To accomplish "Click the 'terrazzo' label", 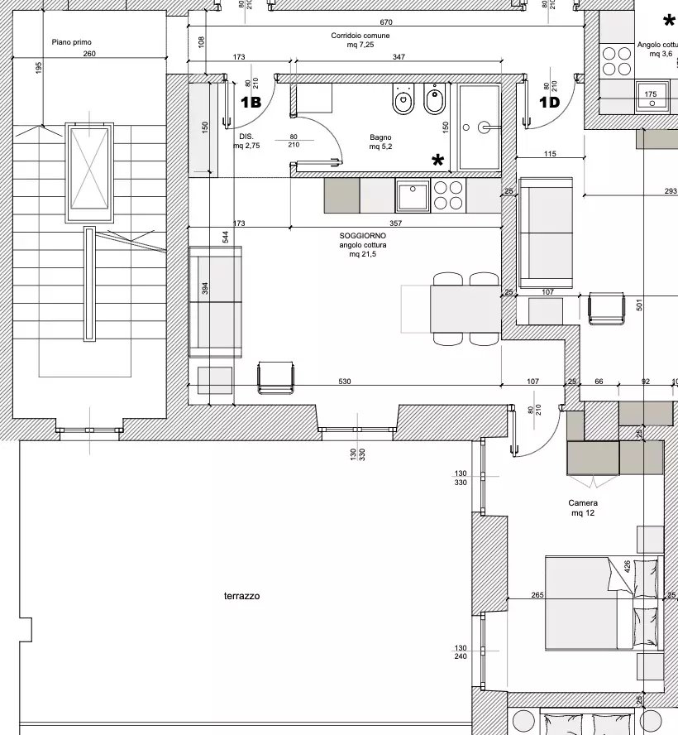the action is [241, 596].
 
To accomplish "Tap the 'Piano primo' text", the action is [72, 42].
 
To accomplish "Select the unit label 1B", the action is [251, 102].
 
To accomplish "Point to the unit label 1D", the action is [550, 102].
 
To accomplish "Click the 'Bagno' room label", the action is [380, 137].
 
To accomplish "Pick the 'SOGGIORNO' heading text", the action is [363, 236].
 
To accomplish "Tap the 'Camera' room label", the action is [583, 503].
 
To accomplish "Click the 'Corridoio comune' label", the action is [360, 36].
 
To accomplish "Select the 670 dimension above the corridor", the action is [386, 22].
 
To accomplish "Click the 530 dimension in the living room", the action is [345, 382].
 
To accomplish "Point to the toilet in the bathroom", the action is [403, 98].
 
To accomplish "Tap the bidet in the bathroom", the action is [435, 98].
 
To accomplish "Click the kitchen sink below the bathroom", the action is [413, 196].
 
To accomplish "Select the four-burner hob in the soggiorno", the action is [449, 196].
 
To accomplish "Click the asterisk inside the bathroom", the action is [437, 161].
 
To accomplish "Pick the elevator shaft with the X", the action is [89, 172].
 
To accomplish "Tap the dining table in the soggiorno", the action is [466, 309].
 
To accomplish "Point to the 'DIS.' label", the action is [246, 137].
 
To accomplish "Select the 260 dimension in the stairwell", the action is [89, 54].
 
